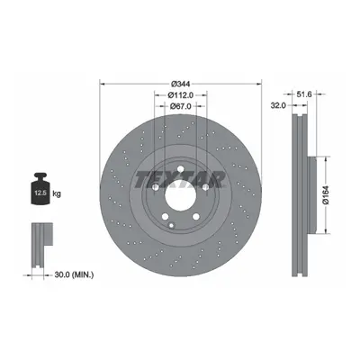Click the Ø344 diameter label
(x=181, y=84)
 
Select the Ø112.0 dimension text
(x=181, y=95)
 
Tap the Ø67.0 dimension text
(x=181, y=106)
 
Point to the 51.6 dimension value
(x=304, y=94)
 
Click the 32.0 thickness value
(x=278, y=105)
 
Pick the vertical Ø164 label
(x=326, y=195)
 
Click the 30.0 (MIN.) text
(x=74, y=274)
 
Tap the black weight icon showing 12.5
(x=40, y=189)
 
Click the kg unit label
(x=57, y=193)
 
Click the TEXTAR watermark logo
(x=180, y=179)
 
